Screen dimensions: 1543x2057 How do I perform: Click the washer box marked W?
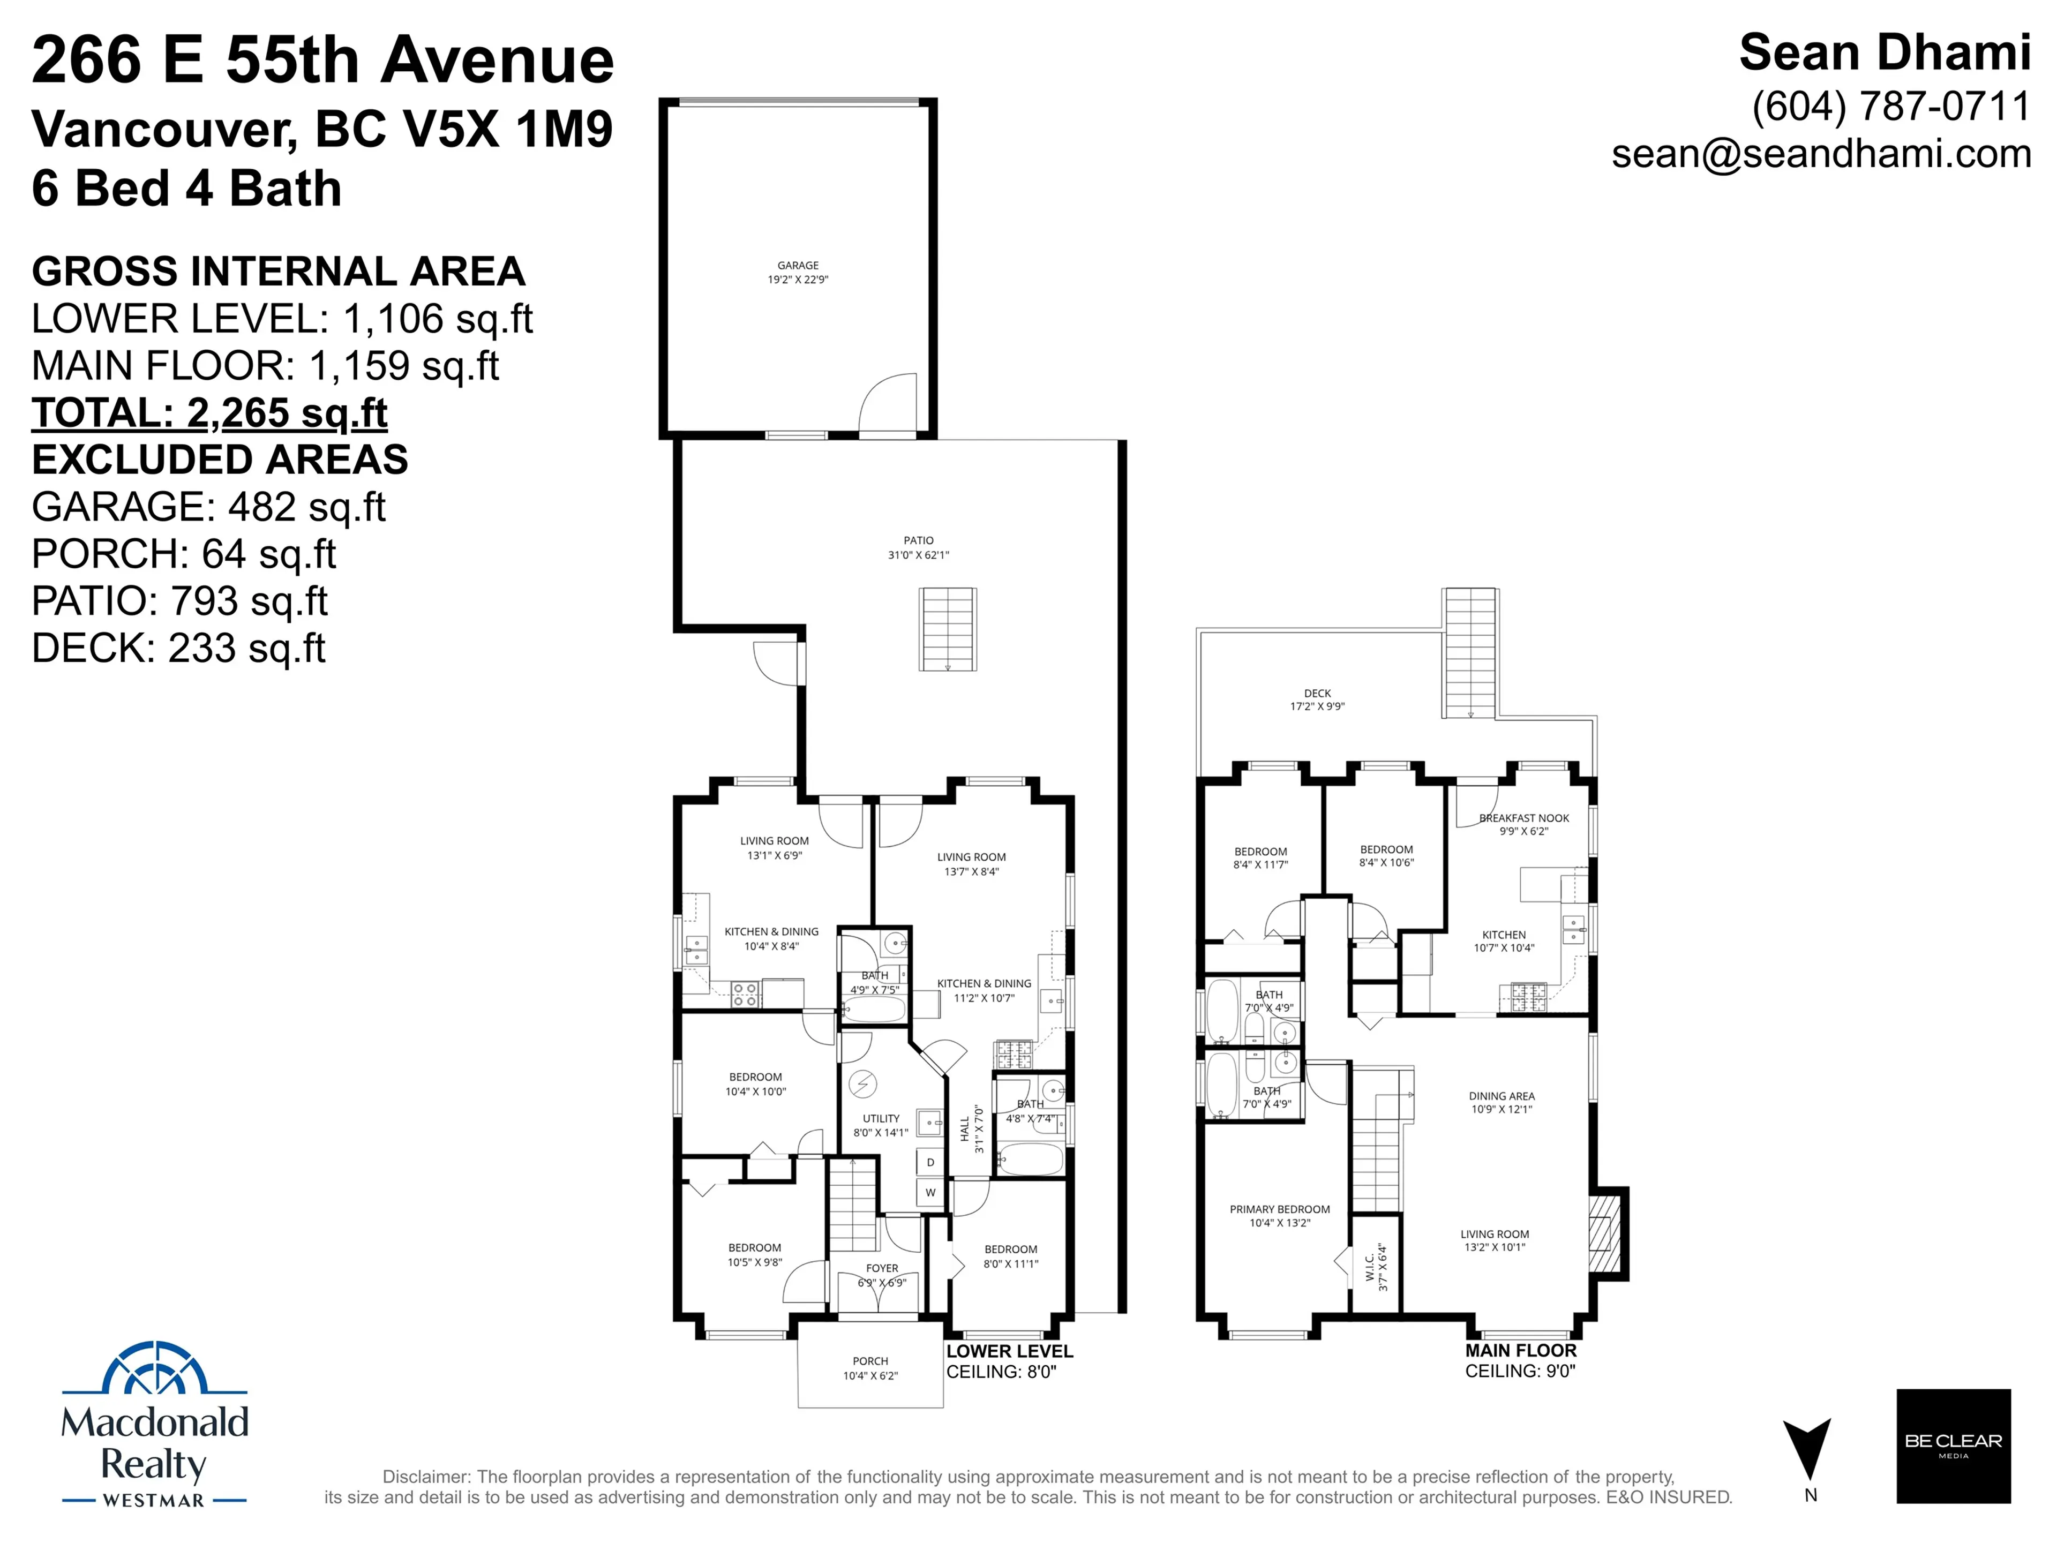930,1193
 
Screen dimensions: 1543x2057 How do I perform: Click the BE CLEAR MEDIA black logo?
1953,1446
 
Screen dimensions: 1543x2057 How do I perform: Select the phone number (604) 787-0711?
1890,107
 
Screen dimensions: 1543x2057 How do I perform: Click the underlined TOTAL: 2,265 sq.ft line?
209,413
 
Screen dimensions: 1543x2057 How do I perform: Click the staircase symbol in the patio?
948,629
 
